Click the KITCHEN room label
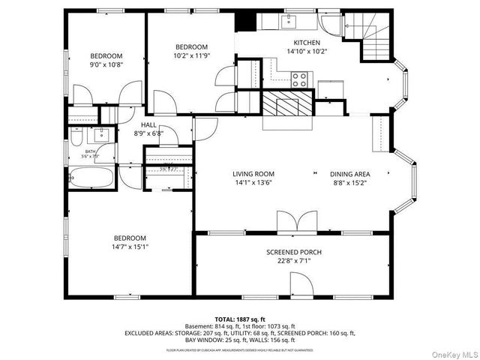307,43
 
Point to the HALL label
148,125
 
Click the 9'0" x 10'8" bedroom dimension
106,65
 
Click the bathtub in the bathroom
91,178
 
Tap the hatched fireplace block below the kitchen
286,103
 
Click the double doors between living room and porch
292,223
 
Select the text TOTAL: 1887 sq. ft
240,319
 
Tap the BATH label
91,151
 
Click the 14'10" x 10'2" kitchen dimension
307,52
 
